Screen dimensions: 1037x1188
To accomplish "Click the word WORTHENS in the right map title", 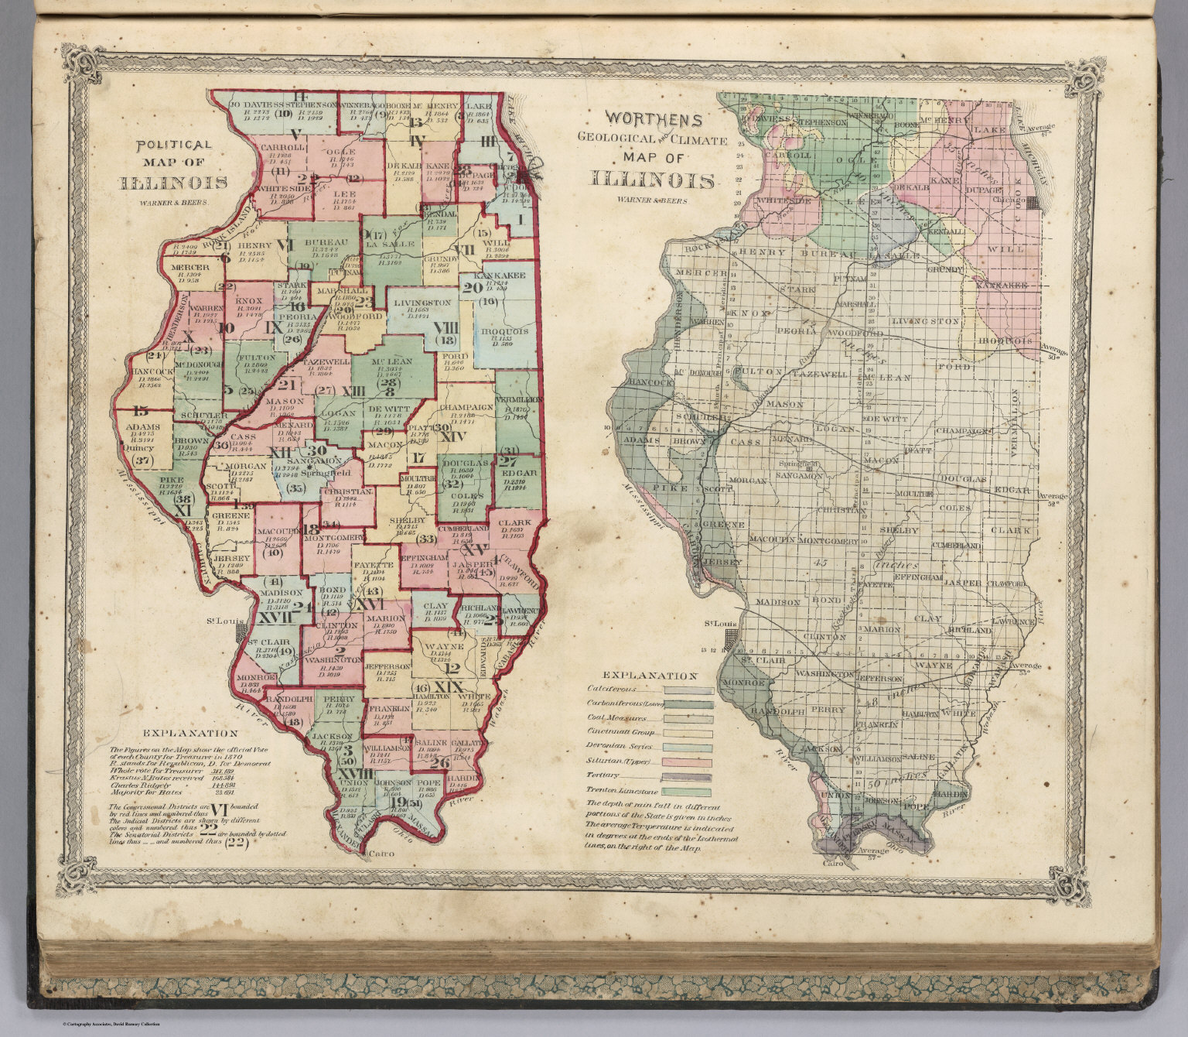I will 654,120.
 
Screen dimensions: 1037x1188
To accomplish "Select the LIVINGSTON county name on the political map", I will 421,303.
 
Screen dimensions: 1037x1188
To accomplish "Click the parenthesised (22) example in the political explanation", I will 236,844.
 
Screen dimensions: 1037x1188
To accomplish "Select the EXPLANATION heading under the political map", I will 190,733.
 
